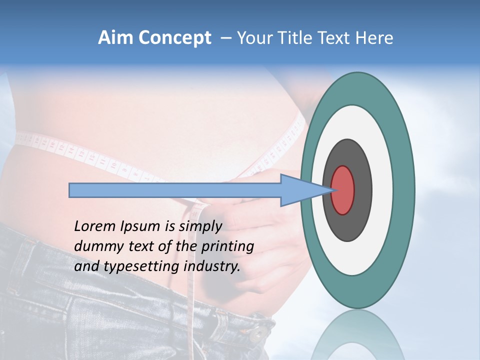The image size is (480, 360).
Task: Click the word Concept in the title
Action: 174,38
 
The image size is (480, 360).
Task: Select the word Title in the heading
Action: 297,38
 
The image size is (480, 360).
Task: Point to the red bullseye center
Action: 342,190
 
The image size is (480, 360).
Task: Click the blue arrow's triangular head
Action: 300,190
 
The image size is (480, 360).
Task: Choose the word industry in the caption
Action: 212,266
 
